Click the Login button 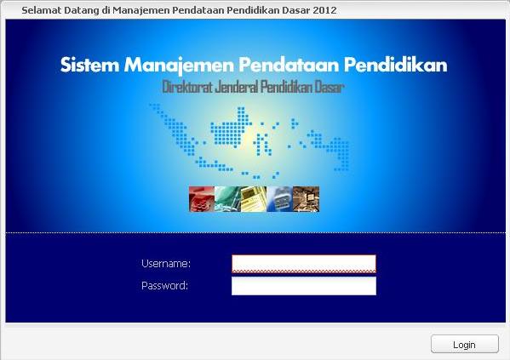tap(465, 344)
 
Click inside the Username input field tap(304, 264)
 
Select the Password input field tap(304, 286)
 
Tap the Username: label tap(166, 264)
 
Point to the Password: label tap(164, 285)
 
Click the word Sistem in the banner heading tap(89, 65)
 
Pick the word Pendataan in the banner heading tap(289, 65)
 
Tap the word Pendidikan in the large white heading tap(396, 65)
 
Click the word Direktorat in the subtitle tap(187, 87)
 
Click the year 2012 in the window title tap(325, 10)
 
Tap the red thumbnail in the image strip tap(202, 199)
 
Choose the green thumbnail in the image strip tap(227, 199)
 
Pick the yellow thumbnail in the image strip tap(254, 199)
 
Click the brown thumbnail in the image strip tap(306, 199)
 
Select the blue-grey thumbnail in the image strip tap(280, 199)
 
